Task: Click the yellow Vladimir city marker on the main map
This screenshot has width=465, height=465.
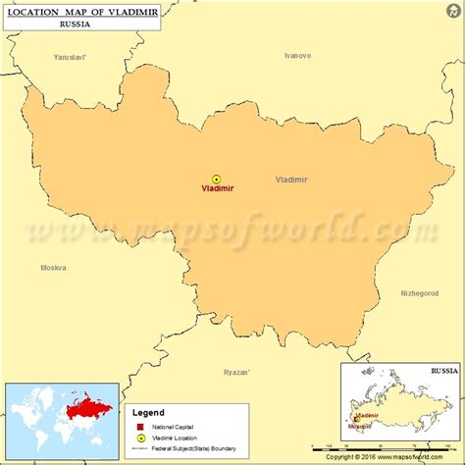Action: [217, 179]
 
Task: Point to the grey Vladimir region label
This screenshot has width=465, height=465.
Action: [291, 180]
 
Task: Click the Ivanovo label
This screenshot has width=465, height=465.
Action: [297, 55]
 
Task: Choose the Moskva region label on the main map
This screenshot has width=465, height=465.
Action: [53, 268]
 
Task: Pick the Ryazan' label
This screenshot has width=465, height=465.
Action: [236, 372]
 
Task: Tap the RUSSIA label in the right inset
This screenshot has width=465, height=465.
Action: [443, 373]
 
